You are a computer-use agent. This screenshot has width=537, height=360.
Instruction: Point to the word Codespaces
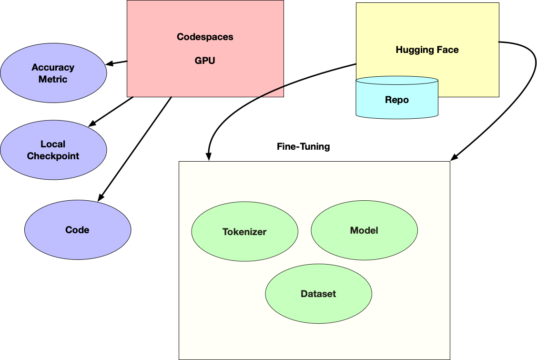coord(205,37)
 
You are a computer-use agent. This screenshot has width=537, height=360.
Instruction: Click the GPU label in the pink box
coord(205,61)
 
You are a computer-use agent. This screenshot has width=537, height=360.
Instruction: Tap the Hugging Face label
coord(427,50)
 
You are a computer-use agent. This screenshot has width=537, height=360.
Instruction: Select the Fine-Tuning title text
coord(303,146)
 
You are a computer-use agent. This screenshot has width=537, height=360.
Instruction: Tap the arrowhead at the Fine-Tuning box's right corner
coord(454,157)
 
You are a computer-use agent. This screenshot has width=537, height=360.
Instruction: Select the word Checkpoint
coord(53,156)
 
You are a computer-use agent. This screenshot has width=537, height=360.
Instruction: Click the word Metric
coord(53,79)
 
